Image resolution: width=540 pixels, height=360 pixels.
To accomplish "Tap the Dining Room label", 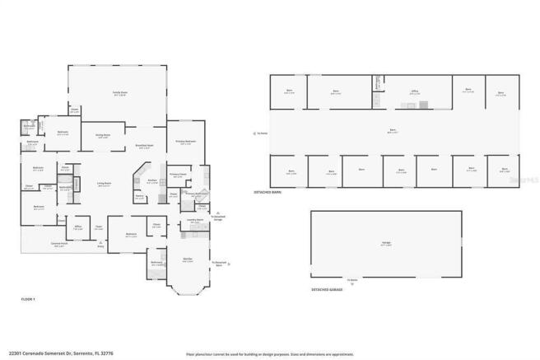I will tap(104, 136).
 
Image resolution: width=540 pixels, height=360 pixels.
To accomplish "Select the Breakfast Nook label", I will tap(144, 146).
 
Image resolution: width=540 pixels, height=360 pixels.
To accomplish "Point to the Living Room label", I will tap(105, 185).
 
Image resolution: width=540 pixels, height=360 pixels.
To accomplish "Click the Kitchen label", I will tap(152, 181).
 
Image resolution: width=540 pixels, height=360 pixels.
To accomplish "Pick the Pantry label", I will tap(140, 197).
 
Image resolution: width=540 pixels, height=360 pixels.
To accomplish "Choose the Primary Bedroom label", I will tap(185, 142).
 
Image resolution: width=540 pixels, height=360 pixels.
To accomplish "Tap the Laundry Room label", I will tap(194, 221).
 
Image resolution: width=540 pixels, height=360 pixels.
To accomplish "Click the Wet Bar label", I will tap(188, 259).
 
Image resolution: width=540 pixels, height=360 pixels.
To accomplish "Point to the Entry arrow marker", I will tap(101, 243).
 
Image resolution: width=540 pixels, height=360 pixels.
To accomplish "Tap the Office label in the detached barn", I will tap(415, 92).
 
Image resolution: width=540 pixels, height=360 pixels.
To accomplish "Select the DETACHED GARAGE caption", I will tap(327, 290).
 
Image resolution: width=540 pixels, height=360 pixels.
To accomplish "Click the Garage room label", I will tap(386, 244).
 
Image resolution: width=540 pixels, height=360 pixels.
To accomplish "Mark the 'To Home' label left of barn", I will tap(261, 133).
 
